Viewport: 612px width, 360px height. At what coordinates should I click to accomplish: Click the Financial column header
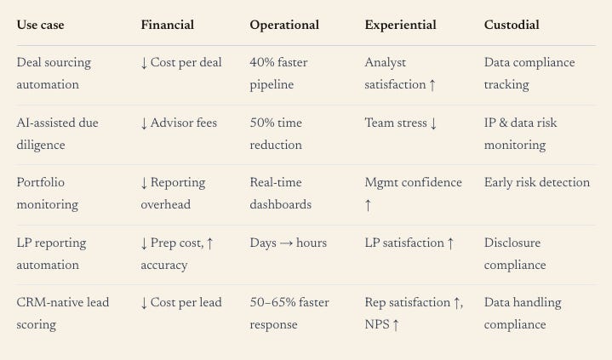167,25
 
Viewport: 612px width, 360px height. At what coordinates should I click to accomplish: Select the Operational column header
284,25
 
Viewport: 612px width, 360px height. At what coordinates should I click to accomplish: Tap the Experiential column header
400,25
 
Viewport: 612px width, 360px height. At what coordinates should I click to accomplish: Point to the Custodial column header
512,25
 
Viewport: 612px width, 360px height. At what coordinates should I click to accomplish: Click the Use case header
40,25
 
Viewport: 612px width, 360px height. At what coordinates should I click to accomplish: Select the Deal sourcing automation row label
54,73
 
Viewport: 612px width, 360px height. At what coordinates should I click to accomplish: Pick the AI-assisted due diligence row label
57,134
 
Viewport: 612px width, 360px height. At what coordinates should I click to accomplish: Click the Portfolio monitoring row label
47,193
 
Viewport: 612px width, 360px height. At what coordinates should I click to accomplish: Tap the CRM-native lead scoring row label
62,313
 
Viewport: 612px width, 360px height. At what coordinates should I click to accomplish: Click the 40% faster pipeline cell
278,73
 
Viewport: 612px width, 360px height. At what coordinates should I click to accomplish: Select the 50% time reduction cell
276,134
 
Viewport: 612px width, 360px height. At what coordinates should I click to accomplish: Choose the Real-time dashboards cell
280,193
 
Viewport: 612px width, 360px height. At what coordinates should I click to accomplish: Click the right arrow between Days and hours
286,243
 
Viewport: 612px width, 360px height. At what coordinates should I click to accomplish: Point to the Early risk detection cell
537,182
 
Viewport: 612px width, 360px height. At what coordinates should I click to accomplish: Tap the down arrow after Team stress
433,123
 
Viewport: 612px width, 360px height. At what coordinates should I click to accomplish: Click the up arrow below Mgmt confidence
368,205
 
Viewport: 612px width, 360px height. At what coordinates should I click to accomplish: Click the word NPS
377,324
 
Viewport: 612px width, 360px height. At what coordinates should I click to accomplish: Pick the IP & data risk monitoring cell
520,134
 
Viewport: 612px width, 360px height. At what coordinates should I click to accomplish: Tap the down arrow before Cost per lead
144,303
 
